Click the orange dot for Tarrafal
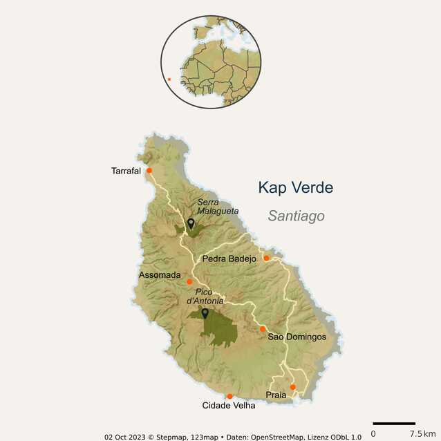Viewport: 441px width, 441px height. pyautogui.click(x=149, y=170)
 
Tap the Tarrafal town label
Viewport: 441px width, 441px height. pyautogui.click(x=126, y=171)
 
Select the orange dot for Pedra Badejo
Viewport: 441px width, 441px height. pyautogui.click(x=266, y=258)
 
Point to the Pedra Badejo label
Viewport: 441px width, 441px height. pyautogui.click(x=229, y=259)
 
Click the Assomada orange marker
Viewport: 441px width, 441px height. pyautogui.click(x=189, y=281)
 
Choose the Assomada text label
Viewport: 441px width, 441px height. pyautogui.click(x=160, y=275)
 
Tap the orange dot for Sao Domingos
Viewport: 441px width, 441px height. pyautogui.click(x=263, y=328)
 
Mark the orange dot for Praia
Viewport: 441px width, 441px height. pyautogui.click(x=292, y=387)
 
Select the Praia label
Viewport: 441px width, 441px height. pyautogui.click(x=276, y=395)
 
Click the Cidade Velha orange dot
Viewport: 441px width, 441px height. pyautogui.click(x=229, y=396)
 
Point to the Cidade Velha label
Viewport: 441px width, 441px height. pyautogui.click(x=228, y=406)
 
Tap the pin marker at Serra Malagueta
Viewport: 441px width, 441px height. pyautogui.click(x=191, y=223)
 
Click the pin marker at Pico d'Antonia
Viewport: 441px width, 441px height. pyautogui.click(x=205, y=313)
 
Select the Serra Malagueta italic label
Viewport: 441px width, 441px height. pyautogui.click(x=218, y=207)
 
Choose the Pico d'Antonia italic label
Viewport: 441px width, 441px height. pyautogui.click(x=209, y=297)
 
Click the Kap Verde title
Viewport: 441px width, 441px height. pyautogui.click(x=295, y=188)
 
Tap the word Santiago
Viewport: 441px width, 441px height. pyautogui.click(x=296, y=216)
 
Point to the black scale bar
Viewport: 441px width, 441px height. pyautogui.click(x=393, y=423)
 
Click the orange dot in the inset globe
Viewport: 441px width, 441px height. pyautogui.click(x=169, y=79)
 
